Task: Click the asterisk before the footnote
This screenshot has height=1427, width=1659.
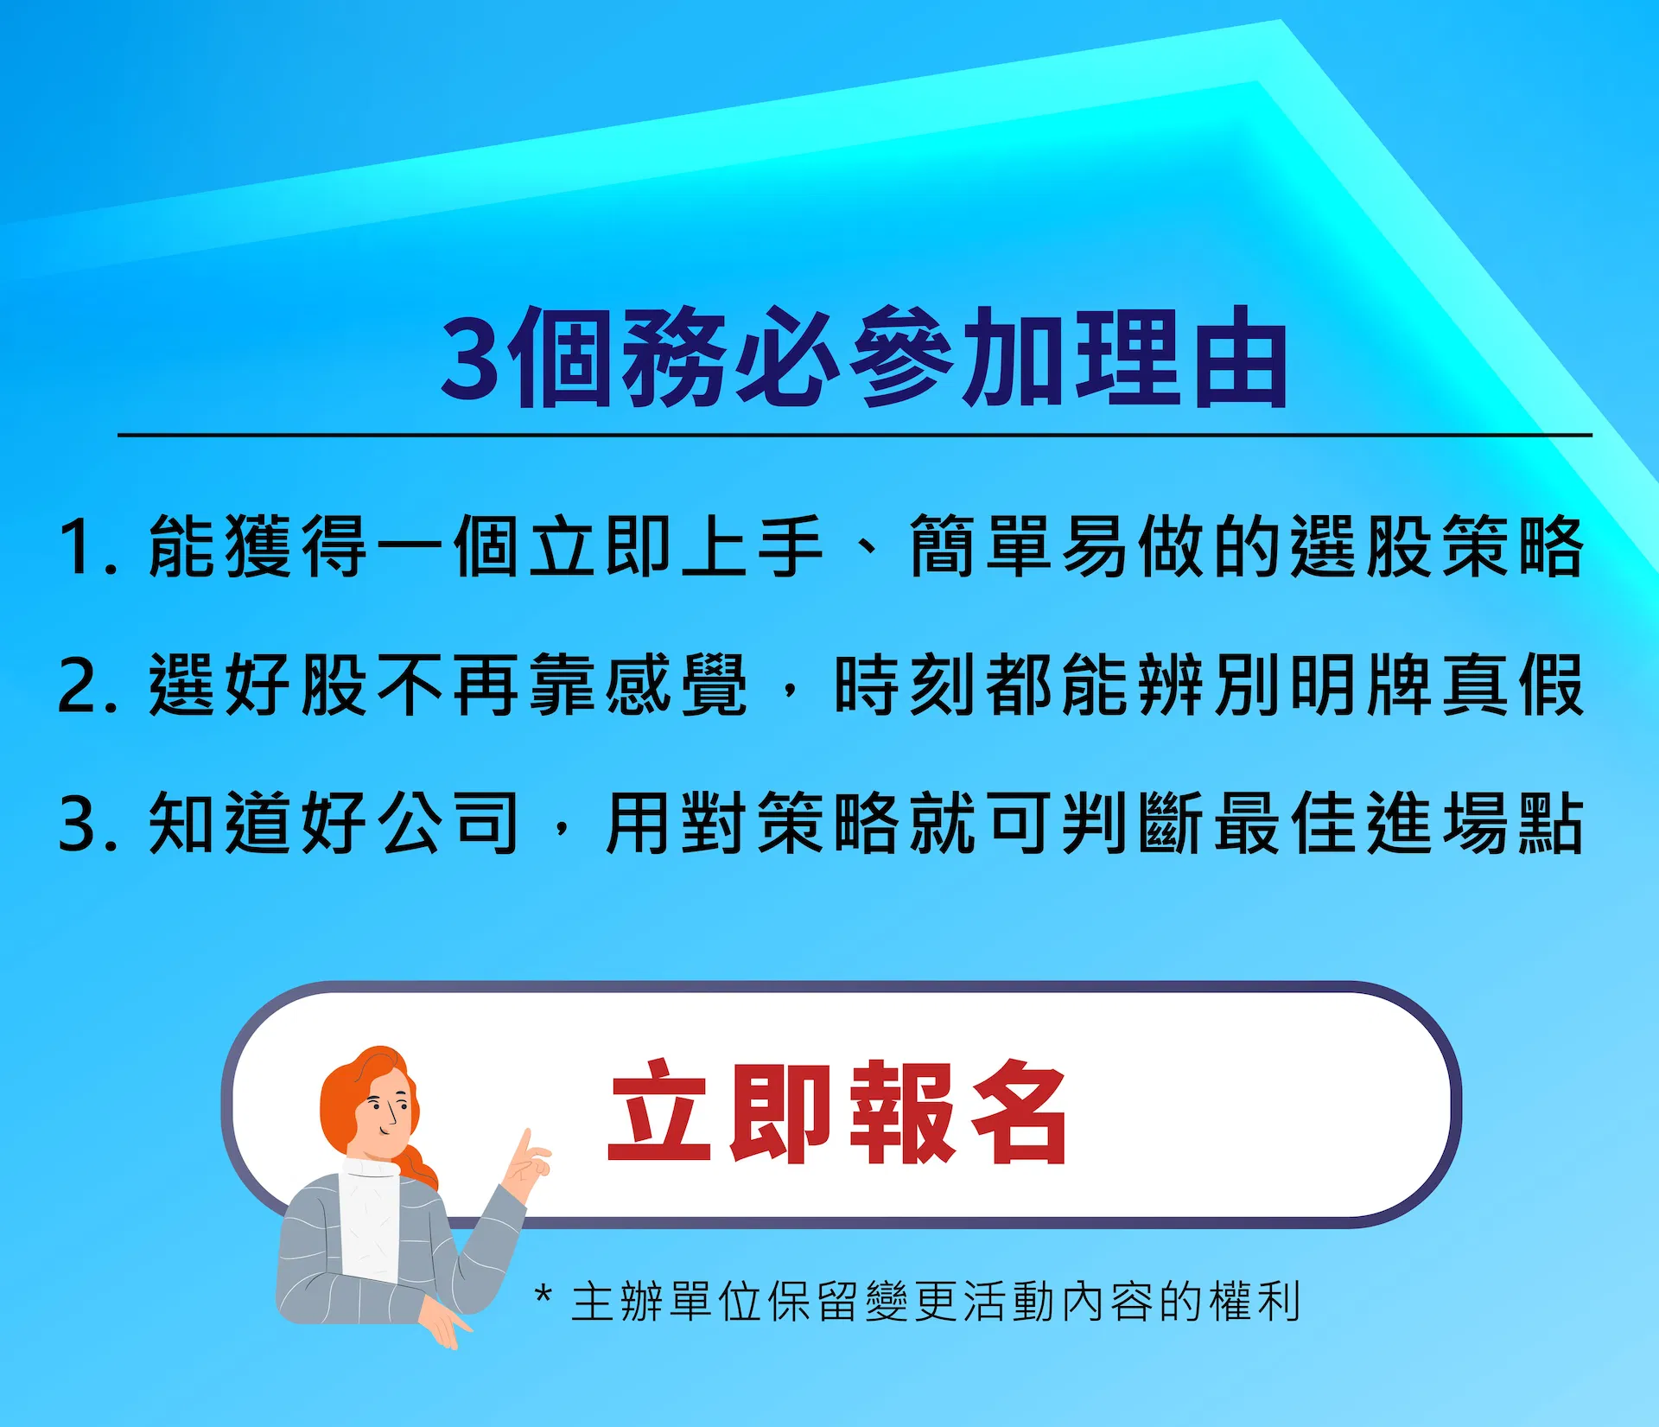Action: (x=543, y=1295)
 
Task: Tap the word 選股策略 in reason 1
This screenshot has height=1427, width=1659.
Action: (x=1437, y=546)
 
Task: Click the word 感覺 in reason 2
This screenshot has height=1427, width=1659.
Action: (x=676, y=685)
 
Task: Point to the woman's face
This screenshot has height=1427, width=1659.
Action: (x=388, y=1110)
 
